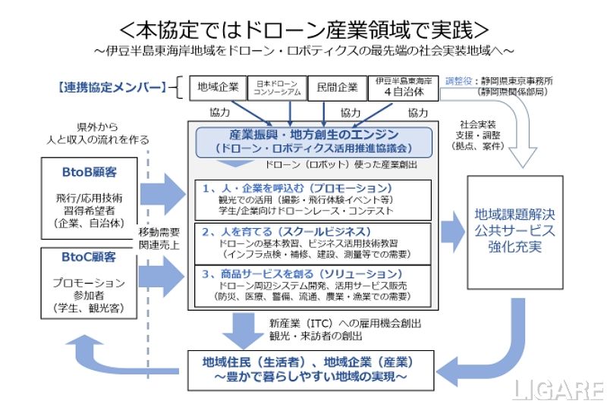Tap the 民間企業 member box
pos(338,88)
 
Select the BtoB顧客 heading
pos(88,171)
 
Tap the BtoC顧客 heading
pos(88,258)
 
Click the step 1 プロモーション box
pos(316,199)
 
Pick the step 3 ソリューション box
pos(316,283)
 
